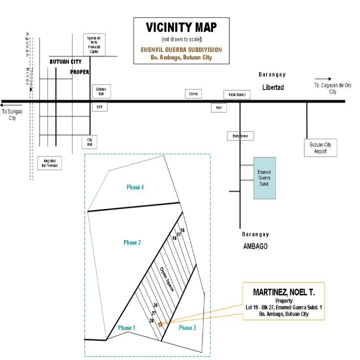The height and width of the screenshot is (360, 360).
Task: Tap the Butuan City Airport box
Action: (x=320, y=148)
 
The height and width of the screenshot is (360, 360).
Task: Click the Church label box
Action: (x=193, y=93)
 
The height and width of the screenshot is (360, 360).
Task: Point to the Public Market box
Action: (x=236, y=94)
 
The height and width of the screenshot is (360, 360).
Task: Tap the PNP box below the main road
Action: (x=218, y=107)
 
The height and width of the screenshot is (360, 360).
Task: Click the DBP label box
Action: (x=98, y=107)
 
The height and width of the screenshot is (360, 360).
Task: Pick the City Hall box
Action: (x=90, y=142)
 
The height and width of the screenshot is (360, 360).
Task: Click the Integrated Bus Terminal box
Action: (x=49, y=163)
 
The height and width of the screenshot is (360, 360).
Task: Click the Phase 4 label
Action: (x=135, y=187)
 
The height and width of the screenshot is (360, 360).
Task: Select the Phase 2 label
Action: (x=132, y=242)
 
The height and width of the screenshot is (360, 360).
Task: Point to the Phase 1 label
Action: (x=126, y=328)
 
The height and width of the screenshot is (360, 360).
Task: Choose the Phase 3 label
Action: (x=187, y=328)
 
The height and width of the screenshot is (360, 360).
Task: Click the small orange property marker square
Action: (x=160, y=324)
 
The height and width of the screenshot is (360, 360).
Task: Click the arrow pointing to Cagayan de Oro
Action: (x=322, y=78)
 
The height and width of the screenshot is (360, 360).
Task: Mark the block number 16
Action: (x=182, y=230)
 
